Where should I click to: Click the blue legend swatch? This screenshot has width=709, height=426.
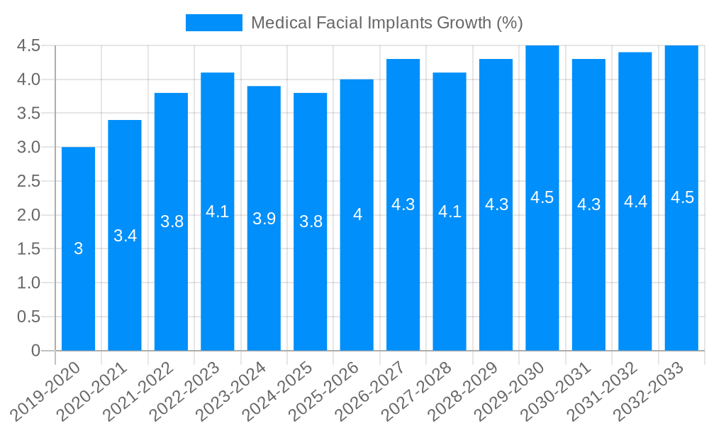point(213,23)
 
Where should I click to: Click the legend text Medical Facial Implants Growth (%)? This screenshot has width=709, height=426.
point(387,23)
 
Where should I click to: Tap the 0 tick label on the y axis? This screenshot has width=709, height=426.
point(35,351)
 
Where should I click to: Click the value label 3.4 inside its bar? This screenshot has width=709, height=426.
point(125,236)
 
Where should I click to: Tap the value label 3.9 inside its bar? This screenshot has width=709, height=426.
point(264,219)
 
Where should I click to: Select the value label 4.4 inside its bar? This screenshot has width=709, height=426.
point(635,202)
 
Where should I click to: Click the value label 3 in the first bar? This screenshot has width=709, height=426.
point(78,248)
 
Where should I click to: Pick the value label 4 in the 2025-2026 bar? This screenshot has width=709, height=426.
point(357,214)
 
